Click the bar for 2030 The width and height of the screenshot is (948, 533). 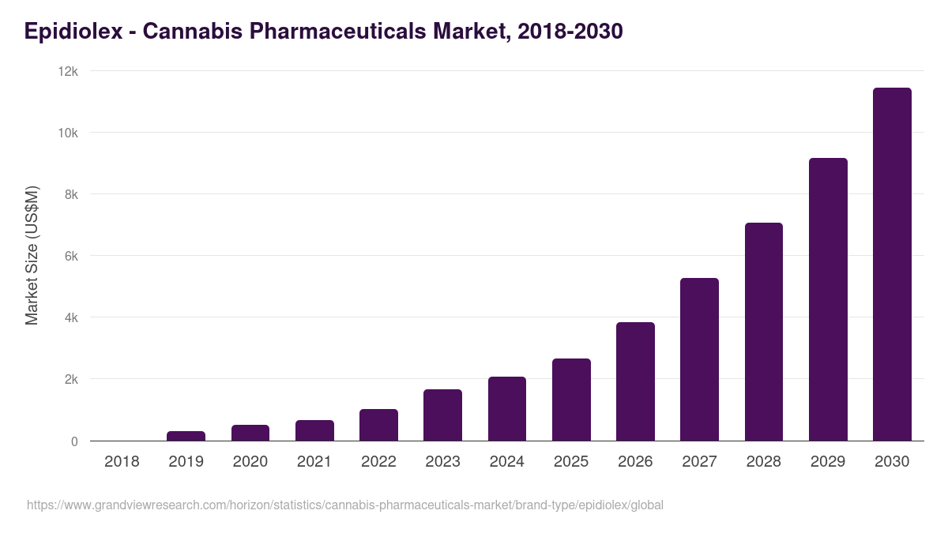[892, 265]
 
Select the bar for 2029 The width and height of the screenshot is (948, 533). [828, 299]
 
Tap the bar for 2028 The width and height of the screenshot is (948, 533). [763, 332]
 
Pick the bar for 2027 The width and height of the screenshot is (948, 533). [699, 359]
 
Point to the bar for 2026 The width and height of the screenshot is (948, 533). [635, 381]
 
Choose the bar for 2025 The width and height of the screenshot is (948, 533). [571, 400]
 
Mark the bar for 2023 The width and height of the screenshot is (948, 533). [442, 415]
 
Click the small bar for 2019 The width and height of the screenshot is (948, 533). [186, 436]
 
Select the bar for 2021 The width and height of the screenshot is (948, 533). [314, 430]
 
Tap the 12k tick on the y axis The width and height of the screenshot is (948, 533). [68, 71]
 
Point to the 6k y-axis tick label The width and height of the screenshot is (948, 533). [71, 256]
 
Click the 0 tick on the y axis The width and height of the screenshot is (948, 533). [74, 441]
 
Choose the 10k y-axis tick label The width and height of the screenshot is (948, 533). [68, 133]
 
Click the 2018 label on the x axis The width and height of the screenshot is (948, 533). [122, 461]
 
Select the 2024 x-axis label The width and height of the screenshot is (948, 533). [507, 461]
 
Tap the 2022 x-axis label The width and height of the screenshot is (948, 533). [378, 461]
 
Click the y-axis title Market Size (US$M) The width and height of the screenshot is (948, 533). [32, 255]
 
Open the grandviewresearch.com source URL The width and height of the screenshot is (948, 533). [344, 505]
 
